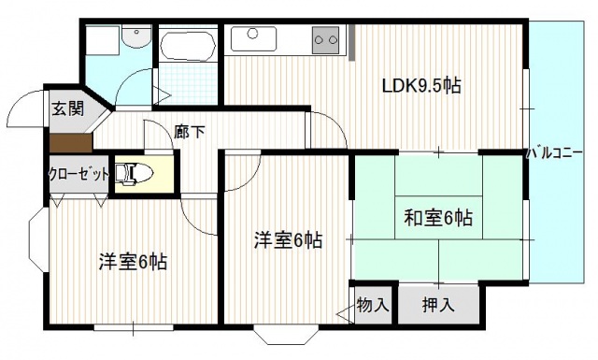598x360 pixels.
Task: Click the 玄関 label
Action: coord(68,108)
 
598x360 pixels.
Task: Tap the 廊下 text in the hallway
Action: coord(190,132)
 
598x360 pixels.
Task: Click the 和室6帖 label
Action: coord(437,219)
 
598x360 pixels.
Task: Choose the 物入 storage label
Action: coord(374,305)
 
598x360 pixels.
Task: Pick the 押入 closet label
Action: coord(437,305)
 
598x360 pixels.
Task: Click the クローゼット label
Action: coord(79,173)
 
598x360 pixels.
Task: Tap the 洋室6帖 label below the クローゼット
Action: coord(134,262)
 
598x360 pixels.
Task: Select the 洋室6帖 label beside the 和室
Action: coord(289,240)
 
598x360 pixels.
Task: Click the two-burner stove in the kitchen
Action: coord(326,39)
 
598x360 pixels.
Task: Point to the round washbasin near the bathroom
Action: coord(136,36)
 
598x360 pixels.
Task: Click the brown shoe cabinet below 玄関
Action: coord(70,144)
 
